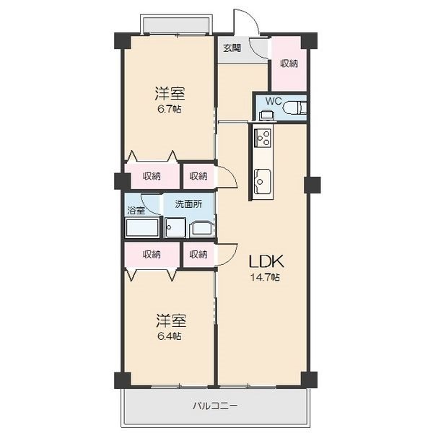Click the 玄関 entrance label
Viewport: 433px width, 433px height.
pos(232,48)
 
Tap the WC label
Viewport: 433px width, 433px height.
pos(274,101)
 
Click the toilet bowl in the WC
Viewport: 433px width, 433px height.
pos(295,108)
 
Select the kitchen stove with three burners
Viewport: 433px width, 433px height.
pos(263,138)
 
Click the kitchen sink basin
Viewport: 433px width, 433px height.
pos(263,181)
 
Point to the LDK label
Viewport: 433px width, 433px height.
pos(266,261)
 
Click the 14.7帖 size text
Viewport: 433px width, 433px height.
pos(265,277)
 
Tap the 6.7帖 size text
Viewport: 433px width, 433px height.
pos(170,109)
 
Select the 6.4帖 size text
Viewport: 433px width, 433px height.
pos(170,336)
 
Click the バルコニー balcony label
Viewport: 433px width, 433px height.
pos(215,406)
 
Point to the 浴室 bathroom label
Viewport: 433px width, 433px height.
pos(136,211)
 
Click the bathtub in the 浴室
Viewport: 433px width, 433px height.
pos(142,227)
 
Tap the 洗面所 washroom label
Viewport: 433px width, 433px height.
pos(188,204)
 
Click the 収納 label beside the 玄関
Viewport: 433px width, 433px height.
pos(289,64)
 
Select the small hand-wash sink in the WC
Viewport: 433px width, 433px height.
pos(266,115)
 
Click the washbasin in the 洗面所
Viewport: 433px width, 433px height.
pos(201,229)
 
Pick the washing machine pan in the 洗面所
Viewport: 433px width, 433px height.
pos(175,227)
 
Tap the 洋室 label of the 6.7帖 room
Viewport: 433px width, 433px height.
pos(170,93)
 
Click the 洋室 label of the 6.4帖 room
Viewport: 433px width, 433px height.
pos(171,320)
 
